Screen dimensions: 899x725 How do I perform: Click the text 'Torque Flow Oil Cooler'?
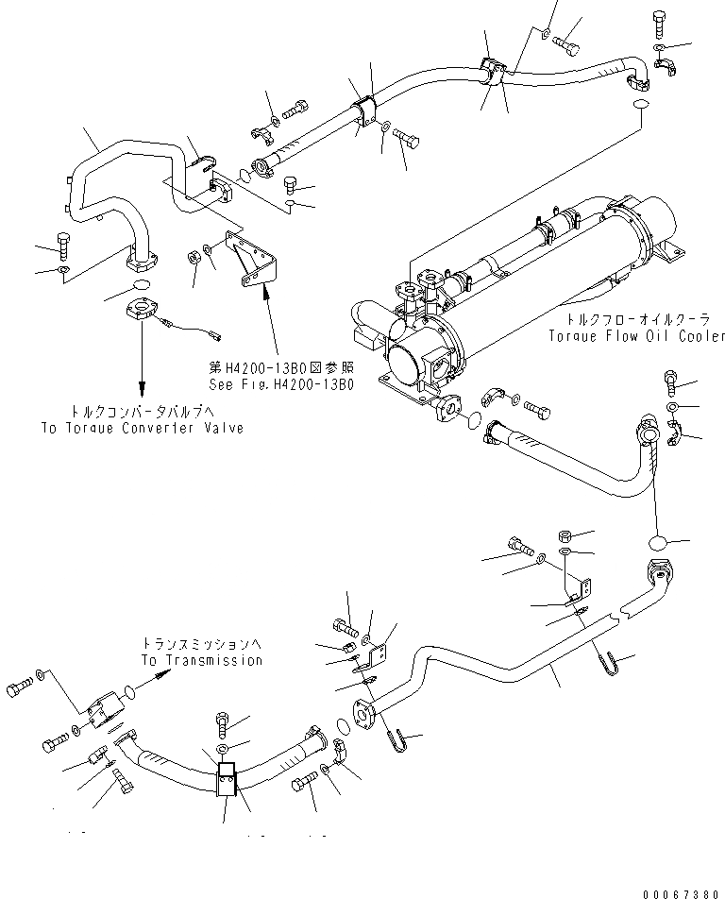point(635,335)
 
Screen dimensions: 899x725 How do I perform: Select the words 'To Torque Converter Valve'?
point(143,428)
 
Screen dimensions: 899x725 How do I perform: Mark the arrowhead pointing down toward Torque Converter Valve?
point(143,389)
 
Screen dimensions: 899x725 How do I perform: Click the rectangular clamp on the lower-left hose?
point(228,781)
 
